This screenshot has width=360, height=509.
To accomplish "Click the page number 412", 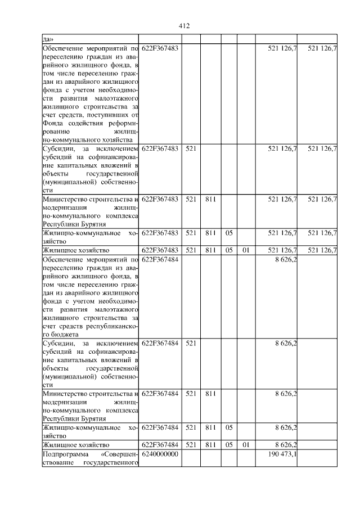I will click(x=183, y=26).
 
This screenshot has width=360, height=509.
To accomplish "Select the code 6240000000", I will click(x=160, y=454).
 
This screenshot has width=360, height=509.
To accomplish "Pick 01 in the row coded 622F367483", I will click(x=245, y=250).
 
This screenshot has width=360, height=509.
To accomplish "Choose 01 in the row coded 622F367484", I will click(x=245, y=444).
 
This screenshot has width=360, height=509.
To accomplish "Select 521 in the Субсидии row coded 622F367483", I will click(x=191, y=148).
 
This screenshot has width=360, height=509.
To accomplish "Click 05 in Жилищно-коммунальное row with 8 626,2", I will click(x=229, y=427).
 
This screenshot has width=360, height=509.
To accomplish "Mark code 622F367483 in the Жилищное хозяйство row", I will click(x=160, y=250).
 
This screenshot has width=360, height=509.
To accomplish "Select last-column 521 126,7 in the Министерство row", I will click(x=322, y=199).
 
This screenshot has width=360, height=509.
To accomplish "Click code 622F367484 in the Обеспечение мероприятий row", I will click(x=160, y=260).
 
